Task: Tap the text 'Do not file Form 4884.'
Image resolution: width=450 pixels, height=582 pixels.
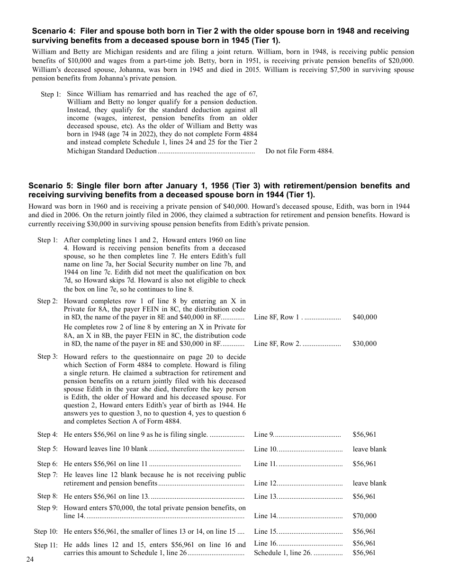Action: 299,151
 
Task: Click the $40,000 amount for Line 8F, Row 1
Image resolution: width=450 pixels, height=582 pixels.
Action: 365,317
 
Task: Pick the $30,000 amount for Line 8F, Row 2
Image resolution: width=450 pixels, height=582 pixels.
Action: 365,344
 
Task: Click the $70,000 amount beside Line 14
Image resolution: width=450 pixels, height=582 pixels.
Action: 365,516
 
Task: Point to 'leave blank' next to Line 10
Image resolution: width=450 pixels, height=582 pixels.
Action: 369,450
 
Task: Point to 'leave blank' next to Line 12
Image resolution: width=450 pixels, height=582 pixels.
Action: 369,484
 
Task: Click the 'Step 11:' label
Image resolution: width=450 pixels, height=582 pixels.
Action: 46,546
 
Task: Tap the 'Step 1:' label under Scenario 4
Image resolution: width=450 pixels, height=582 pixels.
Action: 51,95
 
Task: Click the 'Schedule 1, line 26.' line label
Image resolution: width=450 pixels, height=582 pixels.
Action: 283,553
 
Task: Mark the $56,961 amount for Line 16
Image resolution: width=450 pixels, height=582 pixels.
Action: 364,544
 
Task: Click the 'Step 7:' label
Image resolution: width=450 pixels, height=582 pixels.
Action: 47,475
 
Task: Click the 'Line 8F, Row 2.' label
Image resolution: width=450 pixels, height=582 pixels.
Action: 278,344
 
